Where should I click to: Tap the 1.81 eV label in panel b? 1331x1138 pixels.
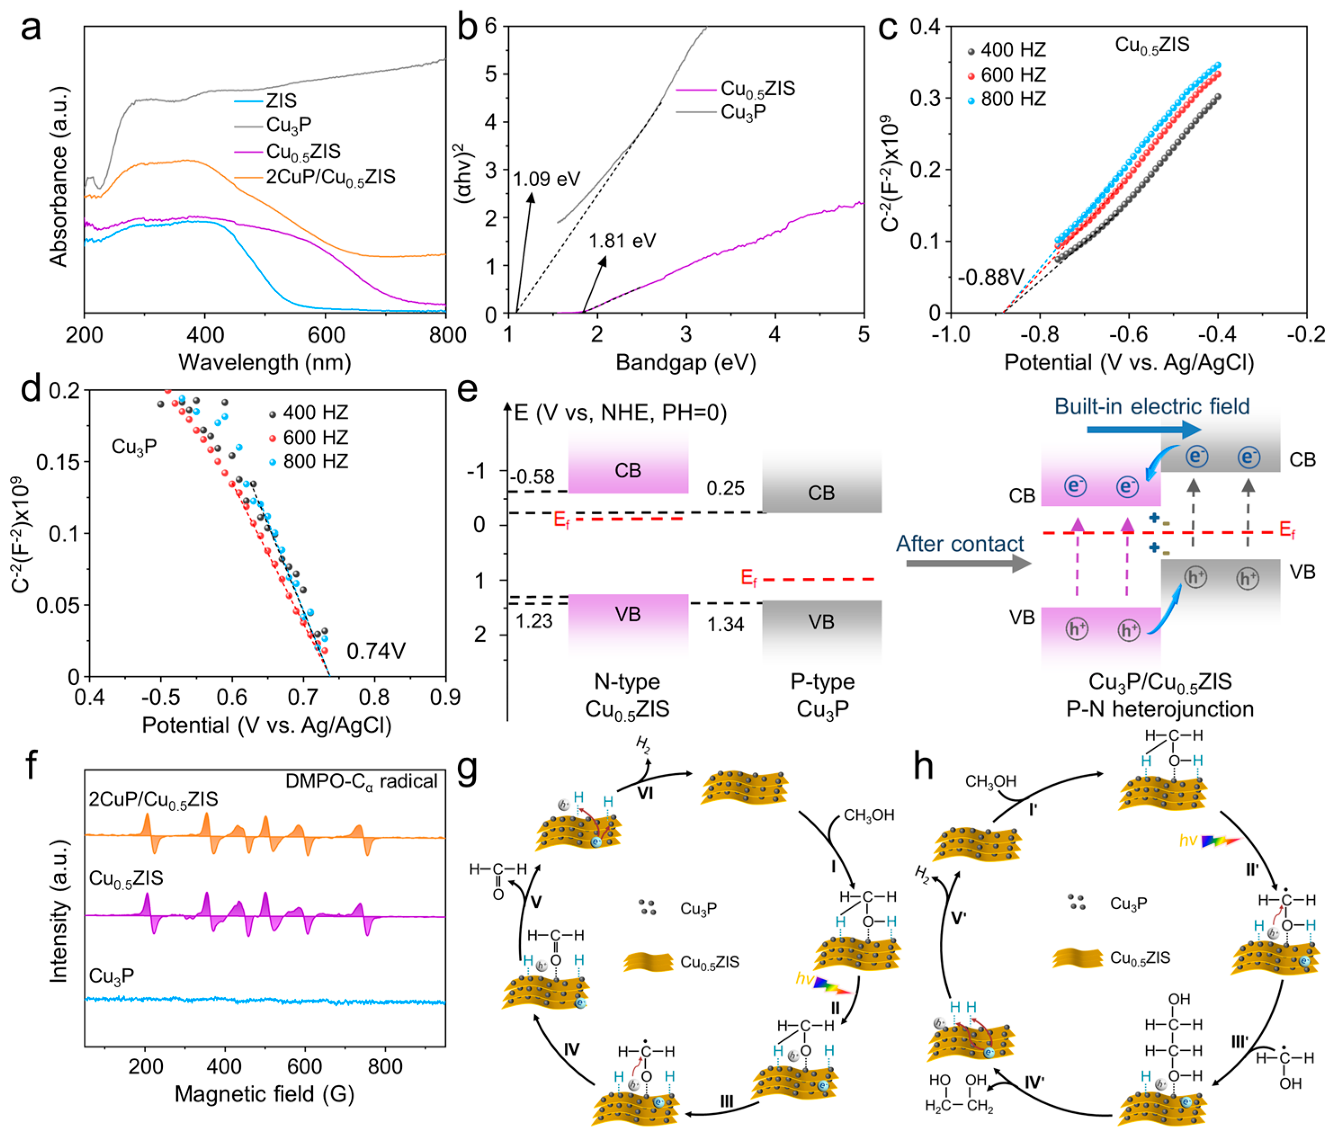(x=622, y=241)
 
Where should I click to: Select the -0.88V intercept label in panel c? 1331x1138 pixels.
(x=991, y=277)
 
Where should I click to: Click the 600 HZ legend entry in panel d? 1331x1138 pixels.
(x=315, y=437)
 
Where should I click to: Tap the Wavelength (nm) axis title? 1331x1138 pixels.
(x=265, y=362)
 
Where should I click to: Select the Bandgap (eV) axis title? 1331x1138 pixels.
(x=685, y=362)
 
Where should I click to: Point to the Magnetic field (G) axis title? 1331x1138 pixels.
(x=265, y=1093)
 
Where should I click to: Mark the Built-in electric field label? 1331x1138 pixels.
(x=1152, y=406)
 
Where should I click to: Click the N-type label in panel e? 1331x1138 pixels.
(x=627, y=681)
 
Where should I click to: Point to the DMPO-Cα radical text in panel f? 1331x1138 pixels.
(x=361, y=781)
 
